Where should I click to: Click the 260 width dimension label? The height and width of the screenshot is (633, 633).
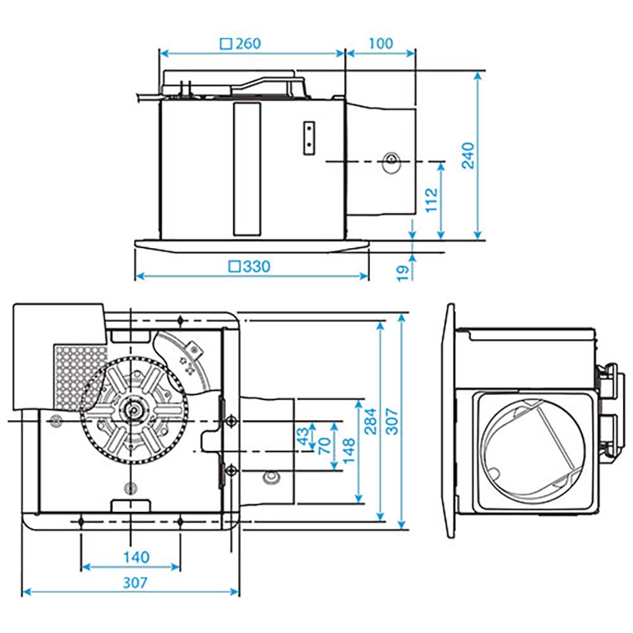[x=248, y=44]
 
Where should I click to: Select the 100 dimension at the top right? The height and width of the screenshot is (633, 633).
[x=380, y=44]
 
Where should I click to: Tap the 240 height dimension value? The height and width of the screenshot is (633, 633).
[x=468, y=155]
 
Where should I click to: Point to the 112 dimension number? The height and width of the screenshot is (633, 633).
[x=431, y=200]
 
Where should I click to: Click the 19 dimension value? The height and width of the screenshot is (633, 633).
[x=401, y=273]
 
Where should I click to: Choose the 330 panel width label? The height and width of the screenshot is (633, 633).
[x=256, y=266]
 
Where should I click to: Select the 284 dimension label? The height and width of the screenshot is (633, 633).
[x=370, y=420]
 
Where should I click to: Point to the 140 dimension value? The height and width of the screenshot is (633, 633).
[x=136, y=557]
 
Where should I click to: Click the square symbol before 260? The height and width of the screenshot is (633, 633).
[x=224, y=44]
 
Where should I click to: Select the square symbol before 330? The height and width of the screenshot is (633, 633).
[x=234, y=266]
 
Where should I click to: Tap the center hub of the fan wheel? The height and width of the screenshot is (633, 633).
[x=134, y=410]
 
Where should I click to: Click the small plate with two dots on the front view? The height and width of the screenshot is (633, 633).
[x=309, y=137]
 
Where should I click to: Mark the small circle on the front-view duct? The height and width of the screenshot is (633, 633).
[x=391, y=159]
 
